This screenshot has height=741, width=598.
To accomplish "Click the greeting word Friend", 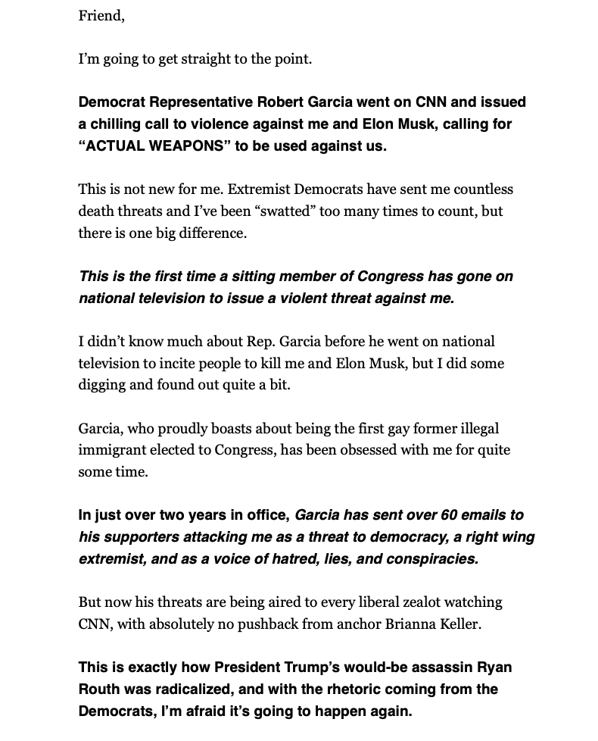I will click(x=101, y=16).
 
